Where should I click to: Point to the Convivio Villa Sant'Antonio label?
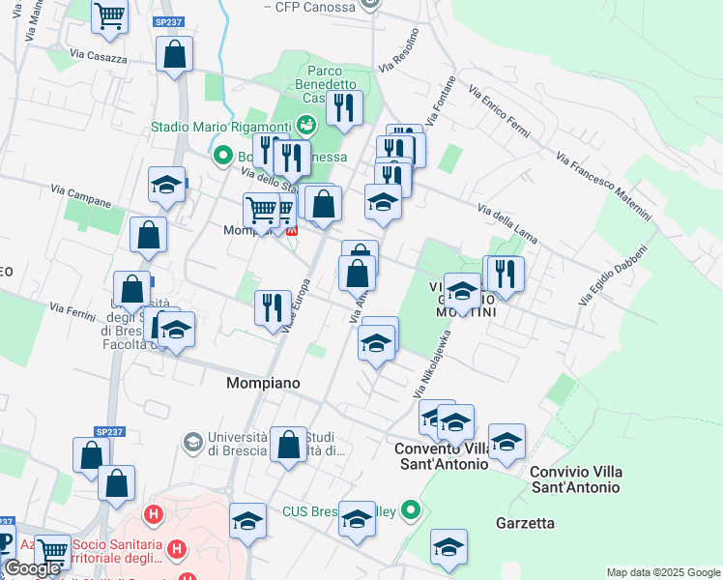[576, 479]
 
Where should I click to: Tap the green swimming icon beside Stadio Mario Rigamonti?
[306, 125]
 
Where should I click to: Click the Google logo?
[33, 568]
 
